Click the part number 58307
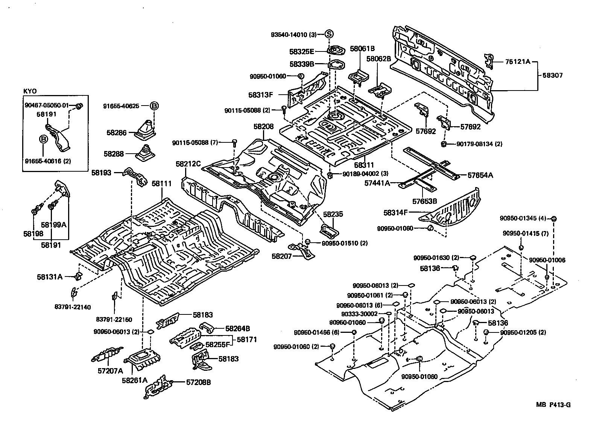coord(552,76)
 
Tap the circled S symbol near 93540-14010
coord(329,34)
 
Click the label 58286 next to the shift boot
coord(116,133)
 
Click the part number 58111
coord(161,184)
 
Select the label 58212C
coord(188,164)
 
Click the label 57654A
coord(480,175)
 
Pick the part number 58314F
coord(396,213)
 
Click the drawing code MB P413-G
coord(553,405)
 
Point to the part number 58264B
coord(238,328)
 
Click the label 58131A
coord(50,277)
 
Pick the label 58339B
coord(302,64)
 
